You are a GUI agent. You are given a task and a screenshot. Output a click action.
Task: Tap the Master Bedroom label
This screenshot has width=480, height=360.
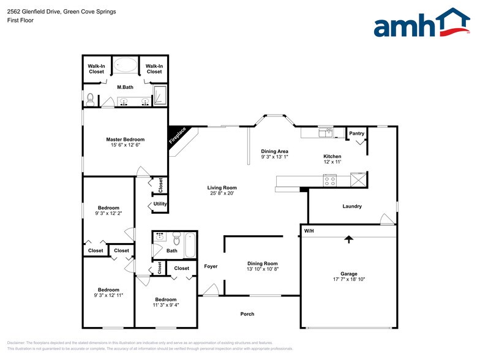click(126, 140)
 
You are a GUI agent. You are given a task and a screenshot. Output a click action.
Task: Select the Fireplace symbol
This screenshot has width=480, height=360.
click(179, 137)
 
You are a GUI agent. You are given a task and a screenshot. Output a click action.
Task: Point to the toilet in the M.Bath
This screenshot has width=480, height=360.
click(90, 98)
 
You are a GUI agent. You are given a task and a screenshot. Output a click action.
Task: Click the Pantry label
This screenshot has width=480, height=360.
click(356, 133)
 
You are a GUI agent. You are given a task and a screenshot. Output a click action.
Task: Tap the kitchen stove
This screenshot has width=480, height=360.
click(330, 179)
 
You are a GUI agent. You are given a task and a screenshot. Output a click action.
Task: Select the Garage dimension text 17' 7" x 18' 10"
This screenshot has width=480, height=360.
click(349, 280)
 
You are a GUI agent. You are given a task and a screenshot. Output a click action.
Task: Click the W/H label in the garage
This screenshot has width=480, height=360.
click(309, 231)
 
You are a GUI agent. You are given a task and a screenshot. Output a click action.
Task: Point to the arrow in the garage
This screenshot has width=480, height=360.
click(349, 239)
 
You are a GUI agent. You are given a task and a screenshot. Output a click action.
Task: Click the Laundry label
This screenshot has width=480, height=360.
click(352, 206)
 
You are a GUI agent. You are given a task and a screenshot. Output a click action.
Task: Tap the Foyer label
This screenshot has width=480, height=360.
click(211, 266)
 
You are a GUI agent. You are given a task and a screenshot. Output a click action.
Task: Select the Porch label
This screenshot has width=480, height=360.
click(247, 314)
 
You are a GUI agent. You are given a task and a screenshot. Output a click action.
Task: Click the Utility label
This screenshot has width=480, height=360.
click(160, 204)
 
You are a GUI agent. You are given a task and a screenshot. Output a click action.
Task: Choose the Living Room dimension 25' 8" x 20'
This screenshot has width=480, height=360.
click(222, 194)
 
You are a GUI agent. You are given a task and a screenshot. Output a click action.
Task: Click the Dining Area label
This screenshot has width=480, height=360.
click(274, 151)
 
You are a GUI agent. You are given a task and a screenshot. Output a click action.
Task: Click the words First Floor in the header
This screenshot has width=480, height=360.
click(21, 20)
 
